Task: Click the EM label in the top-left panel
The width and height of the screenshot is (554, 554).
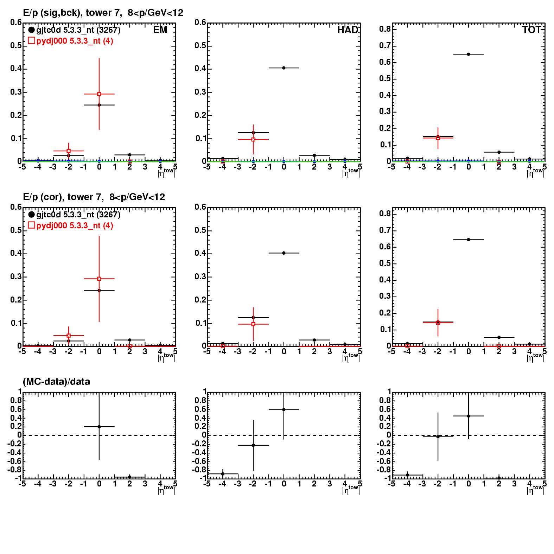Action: (160, 30)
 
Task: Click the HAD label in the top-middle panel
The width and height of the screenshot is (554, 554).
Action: (348, 30)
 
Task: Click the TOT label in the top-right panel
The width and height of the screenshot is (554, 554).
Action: (531, 30)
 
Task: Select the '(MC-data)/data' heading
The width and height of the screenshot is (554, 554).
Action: (56, 381)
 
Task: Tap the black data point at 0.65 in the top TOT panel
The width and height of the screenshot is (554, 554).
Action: (468, 54)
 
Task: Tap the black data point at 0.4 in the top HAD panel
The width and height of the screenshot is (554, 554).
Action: (284, 68)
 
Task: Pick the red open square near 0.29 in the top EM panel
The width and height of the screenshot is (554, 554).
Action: (99, 94)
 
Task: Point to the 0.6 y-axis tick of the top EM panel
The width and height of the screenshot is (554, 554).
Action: (16, 23)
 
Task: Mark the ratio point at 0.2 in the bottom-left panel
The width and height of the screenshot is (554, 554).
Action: (99, 427)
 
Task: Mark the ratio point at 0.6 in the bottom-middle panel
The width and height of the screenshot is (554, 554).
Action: (284, 409)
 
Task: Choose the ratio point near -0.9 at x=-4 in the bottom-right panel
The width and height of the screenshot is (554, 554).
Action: (407, 475)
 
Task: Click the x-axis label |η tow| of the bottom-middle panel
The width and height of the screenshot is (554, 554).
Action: (350, 489)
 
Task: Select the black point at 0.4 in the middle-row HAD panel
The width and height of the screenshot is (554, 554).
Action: (284, 253)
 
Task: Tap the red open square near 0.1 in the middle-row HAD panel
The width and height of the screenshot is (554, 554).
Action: (253, 324)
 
